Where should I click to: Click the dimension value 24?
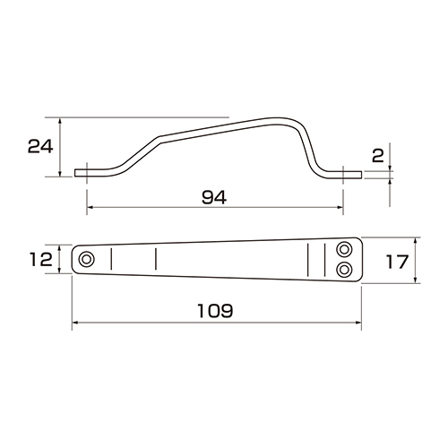point(40,146)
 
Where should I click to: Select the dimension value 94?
point(214,197)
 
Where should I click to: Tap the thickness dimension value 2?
point(378,156)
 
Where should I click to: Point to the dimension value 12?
point(41,259)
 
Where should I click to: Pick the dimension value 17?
point(397,262)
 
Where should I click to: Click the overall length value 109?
point(215,311)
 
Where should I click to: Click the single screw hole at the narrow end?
point(86,259)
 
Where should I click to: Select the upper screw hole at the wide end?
point(344,249)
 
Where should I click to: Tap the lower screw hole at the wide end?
point(344,270)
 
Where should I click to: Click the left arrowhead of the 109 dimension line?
point(75,323)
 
